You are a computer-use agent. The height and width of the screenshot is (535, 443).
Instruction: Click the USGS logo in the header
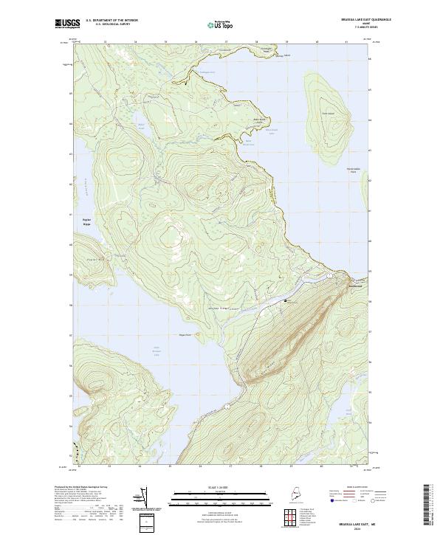click(x=63, y=24)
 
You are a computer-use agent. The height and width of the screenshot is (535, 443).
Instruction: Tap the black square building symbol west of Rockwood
click(x=286, y=300)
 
